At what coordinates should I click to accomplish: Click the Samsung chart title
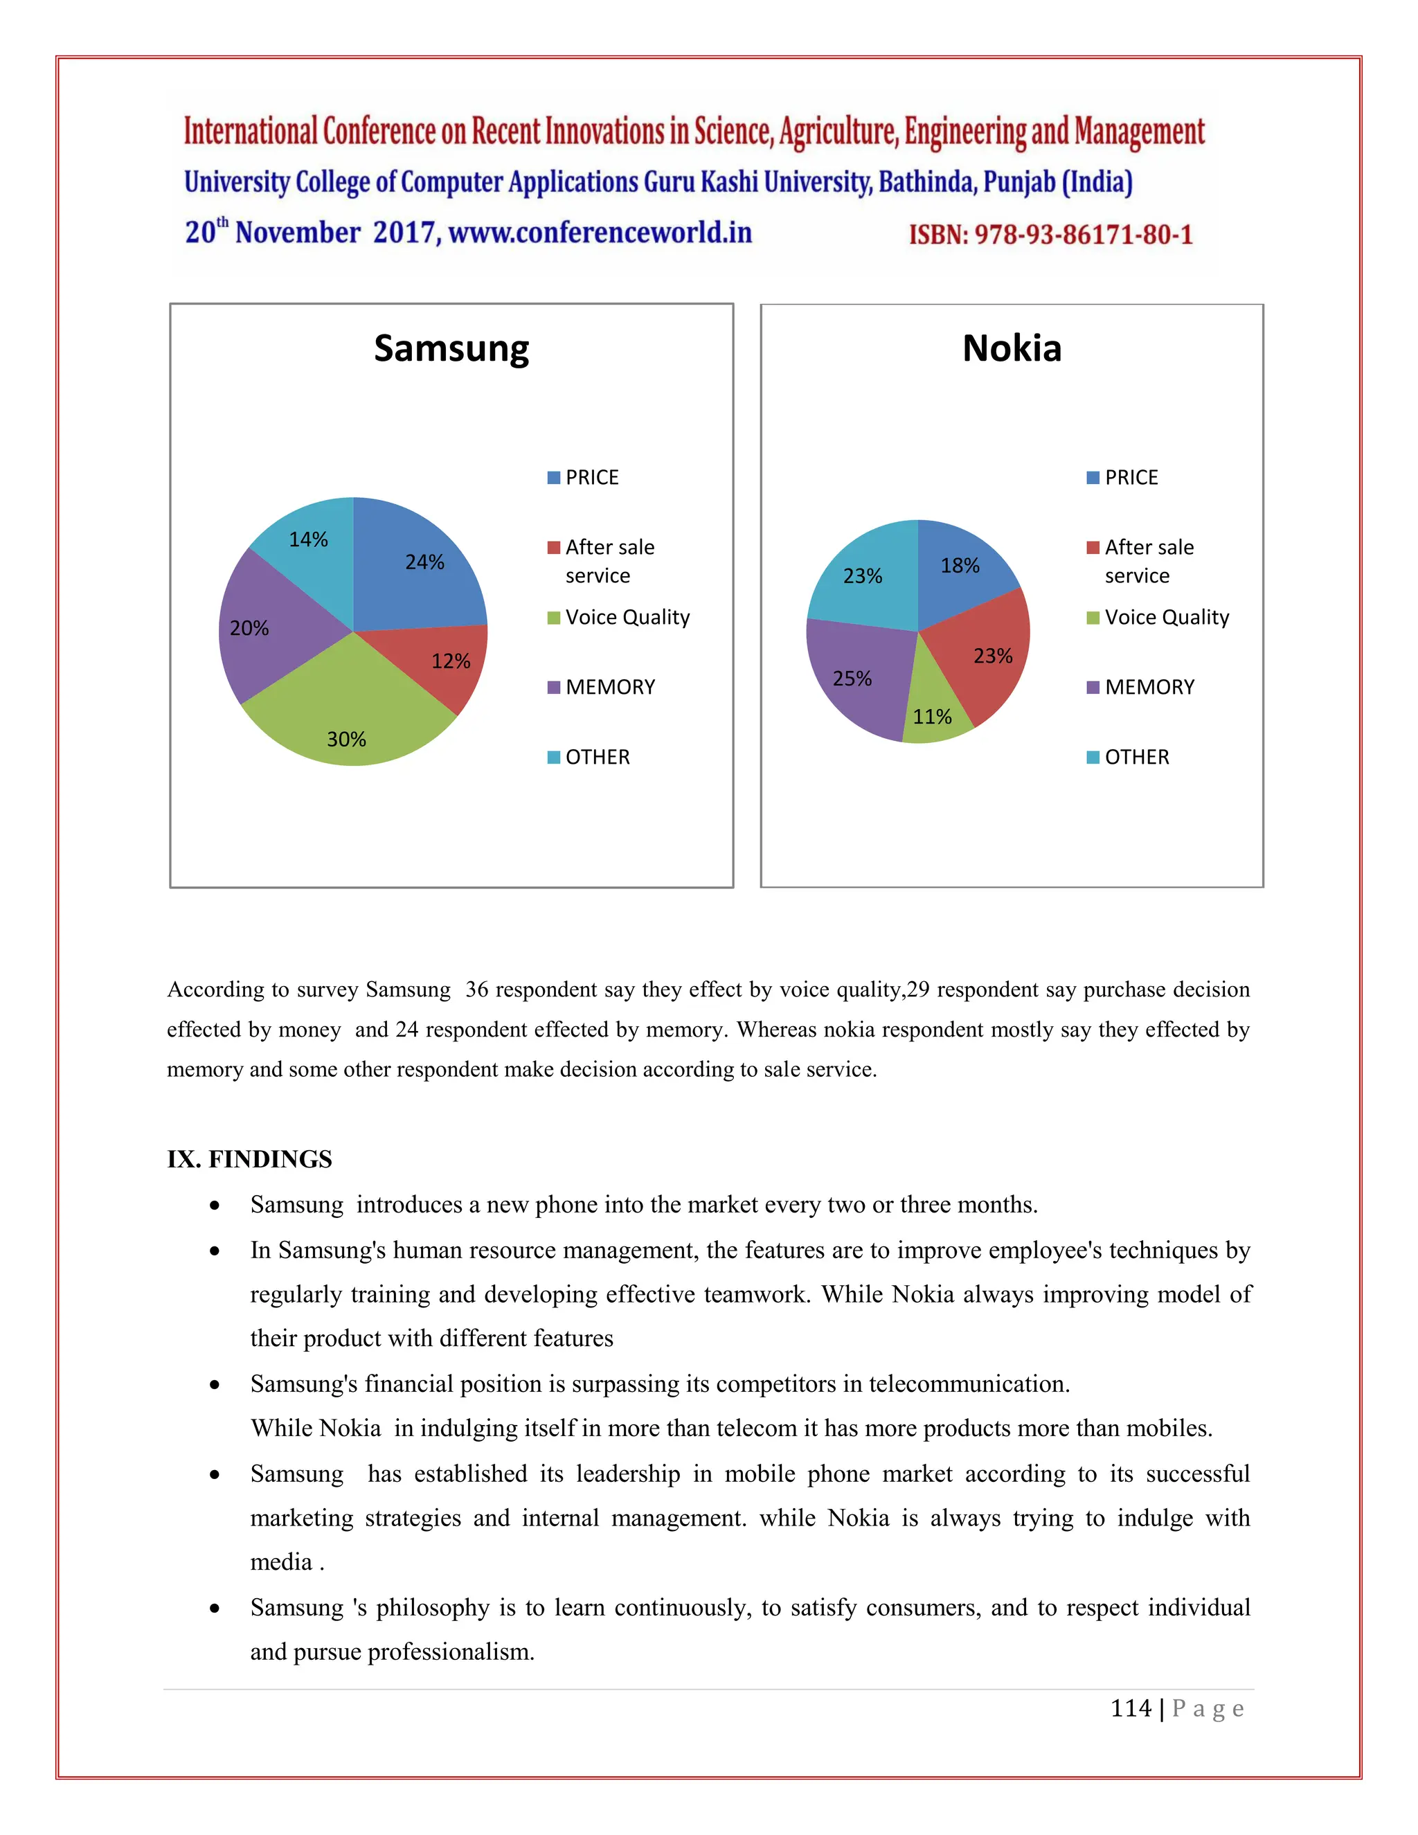click(451, 349)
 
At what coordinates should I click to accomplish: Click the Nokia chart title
click(1012, 349)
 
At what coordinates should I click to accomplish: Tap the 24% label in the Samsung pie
click(424, 562)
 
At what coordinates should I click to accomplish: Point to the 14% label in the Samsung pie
click(308, 539)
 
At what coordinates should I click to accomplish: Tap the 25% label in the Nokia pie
click(852, 678)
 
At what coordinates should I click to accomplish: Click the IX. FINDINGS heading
click(249, 1159)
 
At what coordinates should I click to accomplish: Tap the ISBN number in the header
click(1050, 235)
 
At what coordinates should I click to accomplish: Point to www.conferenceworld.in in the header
click(600, 233)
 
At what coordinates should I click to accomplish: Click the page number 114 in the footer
click(1131, 1708)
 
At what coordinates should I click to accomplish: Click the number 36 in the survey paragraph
click(477, 989)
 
